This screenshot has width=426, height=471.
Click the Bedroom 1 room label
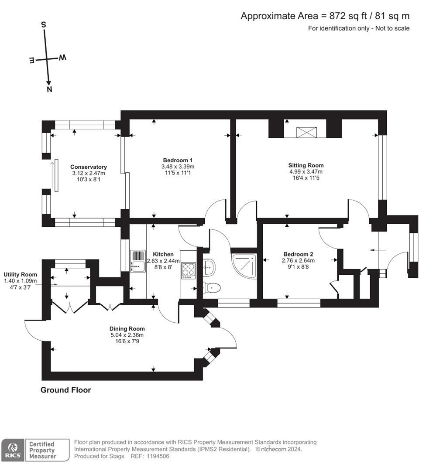coord(178,160)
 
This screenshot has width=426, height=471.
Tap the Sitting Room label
coord(306,165)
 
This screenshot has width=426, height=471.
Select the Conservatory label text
coord(89,167)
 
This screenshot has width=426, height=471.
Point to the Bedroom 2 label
coord(298,254)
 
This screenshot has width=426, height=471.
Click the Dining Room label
coord(127,329)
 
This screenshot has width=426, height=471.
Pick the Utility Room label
coord(20,274)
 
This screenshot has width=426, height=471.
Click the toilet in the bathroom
coord(212,287)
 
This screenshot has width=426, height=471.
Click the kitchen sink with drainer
coord(137,262)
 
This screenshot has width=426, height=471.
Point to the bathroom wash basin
coord(209,267)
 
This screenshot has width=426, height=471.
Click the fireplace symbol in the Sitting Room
coord(307,132)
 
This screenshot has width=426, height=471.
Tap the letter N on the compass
coord(49,89)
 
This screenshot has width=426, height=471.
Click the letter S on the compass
coord(44,24)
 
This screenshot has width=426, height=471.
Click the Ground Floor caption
coord(65,390)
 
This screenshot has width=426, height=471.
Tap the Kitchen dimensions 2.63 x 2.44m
coord(163,261)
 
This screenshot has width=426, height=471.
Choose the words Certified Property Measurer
coord(42,450)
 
